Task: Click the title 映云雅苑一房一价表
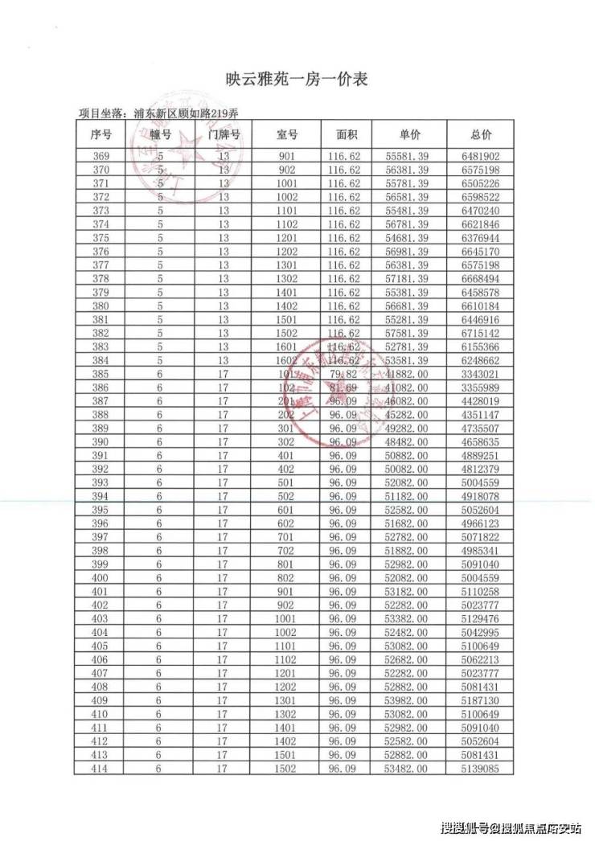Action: point(297,80)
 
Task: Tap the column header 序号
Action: point(102,134)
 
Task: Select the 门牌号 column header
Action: point(224,134)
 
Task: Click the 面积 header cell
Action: point(345,134)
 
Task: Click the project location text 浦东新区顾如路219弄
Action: point(187,113)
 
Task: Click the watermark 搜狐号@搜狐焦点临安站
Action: point(511,826)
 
